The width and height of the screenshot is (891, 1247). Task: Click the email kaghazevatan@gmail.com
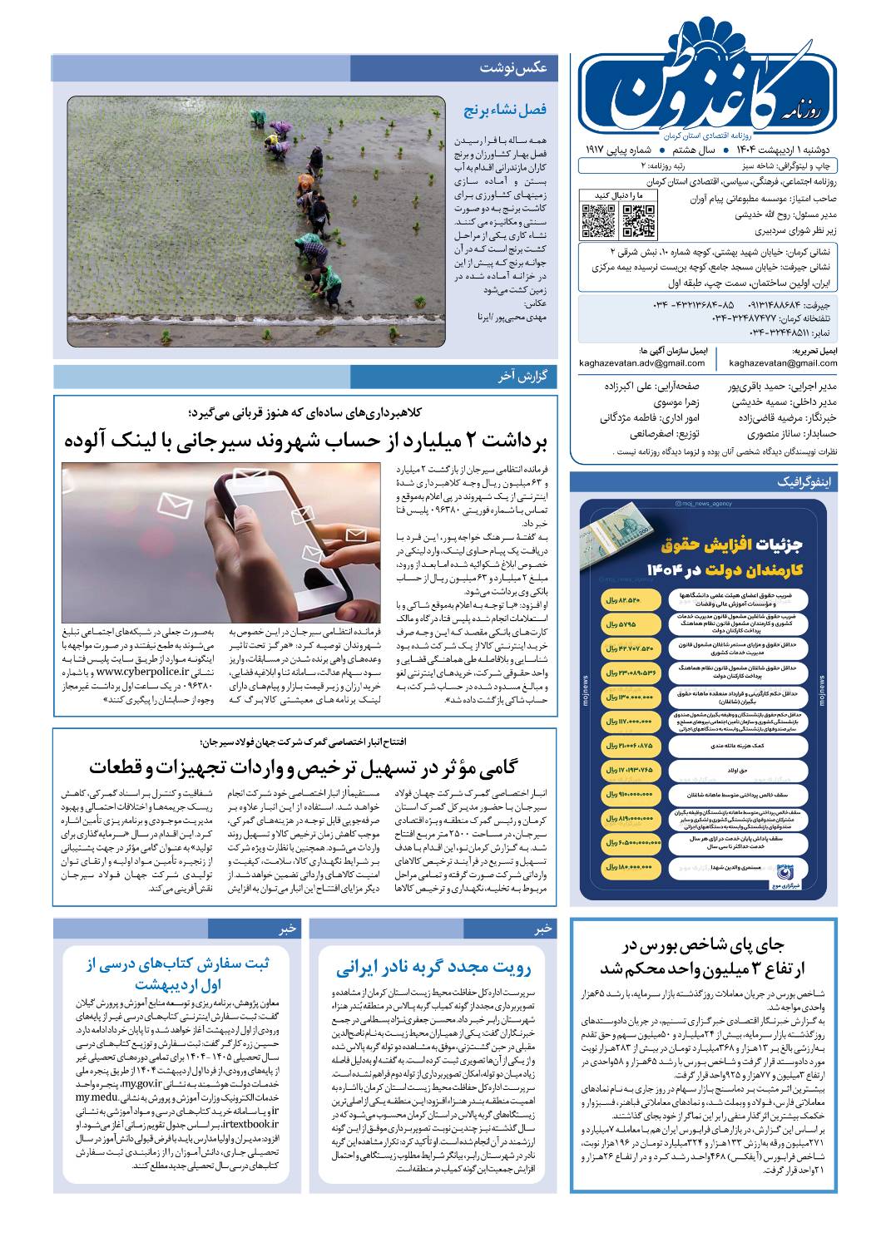pos(783,363)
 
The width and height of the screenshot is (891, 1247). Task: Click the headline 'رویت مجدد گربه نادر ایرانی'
pos(433,968)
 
